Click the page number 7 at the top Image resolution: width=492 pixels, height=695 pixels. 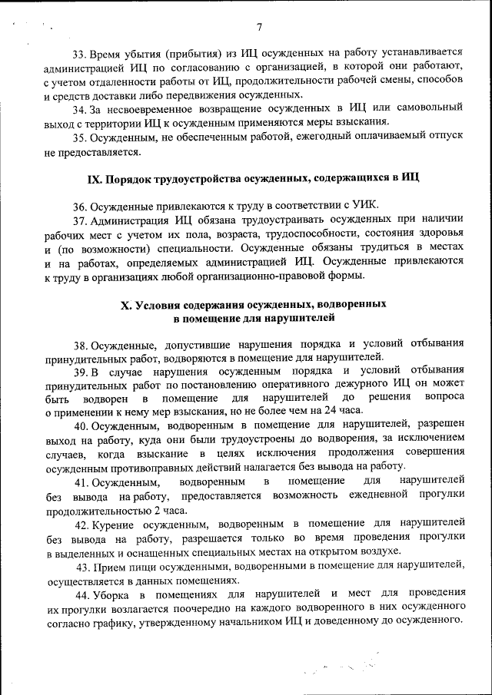pos(259,28)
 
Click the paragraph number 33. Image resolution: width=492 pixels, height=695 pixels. pos(80,55)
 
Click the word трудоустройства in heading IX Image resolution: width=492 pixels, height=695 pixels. pos(194,179)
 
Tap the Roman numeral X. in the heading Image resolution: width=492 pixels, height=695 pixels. pos(126,305)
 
